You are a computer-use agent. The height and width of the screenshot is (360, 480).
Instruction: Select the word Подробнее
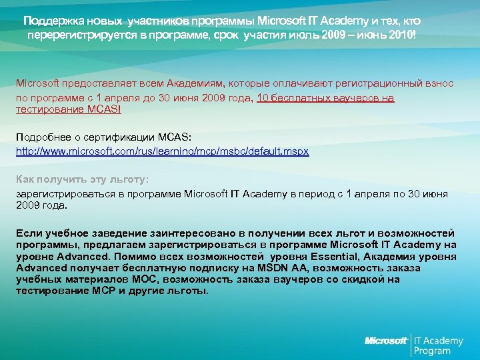point(41,137)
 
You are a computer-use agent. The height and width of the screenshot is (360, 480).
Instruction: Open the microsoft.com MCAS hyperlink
point(162,151)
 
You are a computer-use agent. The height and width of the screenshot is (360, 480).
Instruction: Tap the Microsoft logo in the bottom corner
point(385,341)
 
